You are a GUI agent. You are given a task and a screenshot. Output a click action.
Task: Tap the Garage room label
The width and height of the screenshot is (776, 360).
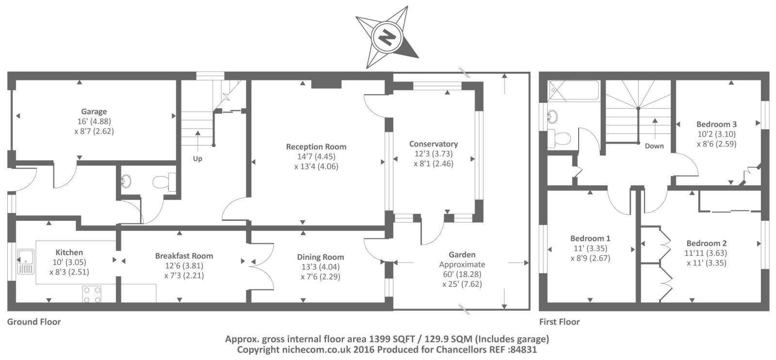pos(94,112)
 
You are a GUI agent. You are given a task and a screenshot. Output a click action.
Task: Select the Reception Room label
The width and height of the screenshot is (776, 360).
pos(316,147)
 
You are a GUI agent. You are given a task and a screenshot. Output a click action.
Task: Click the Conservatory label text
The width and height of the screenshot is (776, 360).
pos(433,144)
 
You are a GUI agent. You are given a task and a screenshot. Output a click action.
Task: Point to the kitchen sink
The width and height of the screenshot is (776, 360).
pos(25,261)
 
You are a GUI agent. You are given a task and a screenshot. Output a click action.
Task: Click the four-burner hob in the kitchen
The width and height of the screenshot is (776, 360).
pos(92,295)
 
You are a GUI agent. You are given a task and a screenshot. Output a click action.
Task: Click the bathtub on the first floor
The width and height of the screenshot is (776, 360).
pos(573,91)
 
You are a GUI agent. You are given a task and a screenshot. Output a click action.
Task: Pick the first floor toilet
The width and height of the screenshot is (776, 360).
pos(559,138)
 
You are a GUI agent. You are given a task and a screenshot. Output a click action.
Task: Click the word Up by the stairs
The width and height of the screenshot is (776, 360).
pos(197,159)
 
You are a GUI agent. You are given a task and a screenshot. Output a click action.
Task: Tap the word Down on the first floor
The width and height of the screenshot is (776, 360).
pos(654,146)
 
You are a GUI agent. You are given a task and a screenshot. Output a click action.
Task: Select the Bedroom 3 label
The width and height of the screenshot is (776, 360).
pos(716,124)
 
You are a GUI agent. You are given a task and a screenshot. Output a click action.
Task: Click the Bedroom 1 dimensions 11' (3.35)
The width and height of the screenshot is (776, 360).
pos(590,248)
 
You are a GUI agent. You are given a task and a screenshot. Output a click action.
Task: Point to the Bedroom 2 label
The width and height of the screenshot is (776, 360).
pos(706,244)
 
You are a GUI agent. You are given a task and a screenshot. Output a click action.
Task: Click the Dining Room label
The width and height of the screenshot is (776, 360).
pos(321,257)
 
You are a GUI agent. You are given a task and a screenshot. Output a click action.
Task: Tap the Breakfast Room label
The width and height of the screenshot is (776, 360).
pos(184,256)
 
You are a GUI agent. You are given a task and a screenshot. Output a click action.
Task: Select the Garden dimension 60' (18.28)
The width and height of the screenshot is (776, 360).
pos(462,274)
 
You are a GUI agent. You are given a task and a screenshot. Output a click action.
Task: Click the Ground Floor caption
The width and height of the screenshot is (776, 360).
pos(34,322)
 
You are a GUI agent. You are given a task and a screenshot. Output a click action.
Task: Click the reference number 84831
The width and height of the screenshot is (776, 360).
pos(524,349)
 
